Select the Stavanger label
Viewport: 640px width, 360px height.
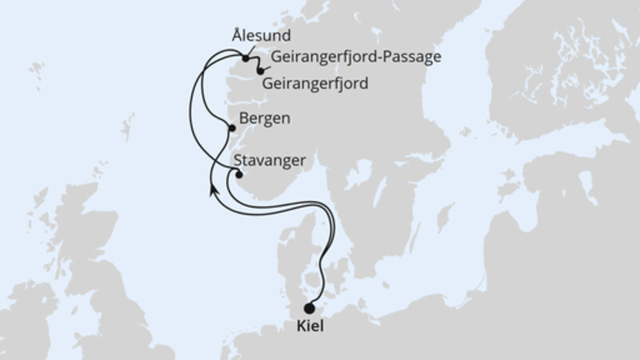pyautogui.click(x=272, y=160)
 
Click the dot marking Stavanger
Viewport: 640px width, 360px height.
pyautogui.click(x=238, y=175)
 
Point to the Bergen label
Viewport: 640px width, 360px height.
pyautogui.click(x=264, y=118)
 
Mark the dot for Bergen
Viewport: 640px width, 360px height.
pyautogui.click(x=232, y=128)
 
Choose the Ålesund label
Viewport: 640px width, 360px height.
pyautogui.click(x=259, y=37)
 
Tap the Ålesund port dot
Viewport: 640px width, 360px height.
pyautogui.click(x=246, y=58)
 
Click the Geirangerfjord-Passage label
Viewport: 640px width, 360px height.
pyautogui.click(x=357, y=58)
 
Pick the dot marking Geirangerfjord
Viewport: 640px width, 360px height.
pyautogui.click(x=261, y=71)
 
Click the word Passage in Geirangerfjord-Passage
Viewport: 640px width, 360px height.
pyautogui.click(x=415, y=58)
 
